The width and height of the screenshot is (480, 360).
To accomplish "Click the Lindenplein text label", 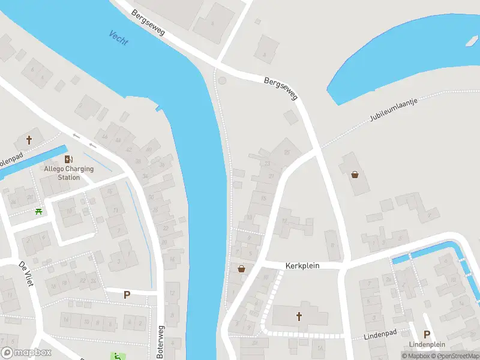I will (x=427, y=344).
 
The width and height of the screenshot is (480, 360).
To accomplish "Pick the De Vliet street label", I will (x=25, y=272).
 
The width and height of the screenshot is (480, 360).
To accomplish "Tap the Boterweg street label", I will (x=160, y=342).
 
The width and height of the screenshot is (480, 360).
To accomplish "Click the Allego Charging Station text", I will (x=69, y=173).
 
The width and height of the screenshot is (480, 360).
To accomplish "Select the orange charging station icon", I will (x=69, y=159).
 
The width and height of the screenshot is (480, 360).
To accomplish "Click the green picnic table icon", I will (x=39, y=211).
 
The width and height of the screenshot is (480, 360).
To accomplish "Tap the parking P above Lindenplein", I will (x=427, y=334).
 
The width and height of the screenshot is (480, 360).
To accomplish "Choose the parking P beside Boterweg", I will (x=127, y=295).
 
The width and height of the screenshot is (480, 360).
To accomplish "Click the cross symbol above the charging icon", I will (x=29, y=140).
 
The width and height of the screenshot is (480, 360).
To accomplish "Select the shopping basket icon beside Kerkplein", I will (x=241, y=269).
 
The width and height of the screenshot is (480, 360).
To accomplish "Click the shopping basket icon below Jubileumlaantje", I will (x=355, y=175).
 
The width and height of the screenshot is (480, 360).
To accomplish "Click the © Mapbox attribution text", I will (x=415, y=356).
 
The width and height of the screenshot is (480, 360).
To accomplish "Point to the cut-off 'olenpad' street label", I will (x=10, y=161).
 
